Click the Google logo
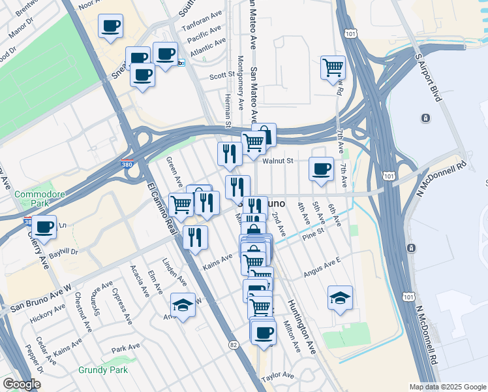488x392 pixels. point(22,385)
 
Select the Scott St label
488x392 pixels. point(222,76)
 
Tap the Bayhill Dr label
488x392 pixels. point(65,251)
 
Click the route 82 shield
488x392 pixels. point(234,344)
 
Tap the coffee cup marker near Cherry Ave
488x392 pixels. point(44,227)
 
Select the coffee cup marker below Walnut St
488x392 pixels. point(320,169)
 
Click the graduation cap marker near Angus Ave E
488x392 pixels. point(340,298)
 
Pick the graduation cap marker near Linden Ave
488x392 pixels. point(183,304)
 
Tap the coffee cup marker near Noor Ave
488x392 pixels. point(110,27)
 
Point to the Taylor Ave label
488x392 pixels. point(279,377)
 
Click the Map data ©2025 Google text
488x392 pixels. point(446,387)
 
